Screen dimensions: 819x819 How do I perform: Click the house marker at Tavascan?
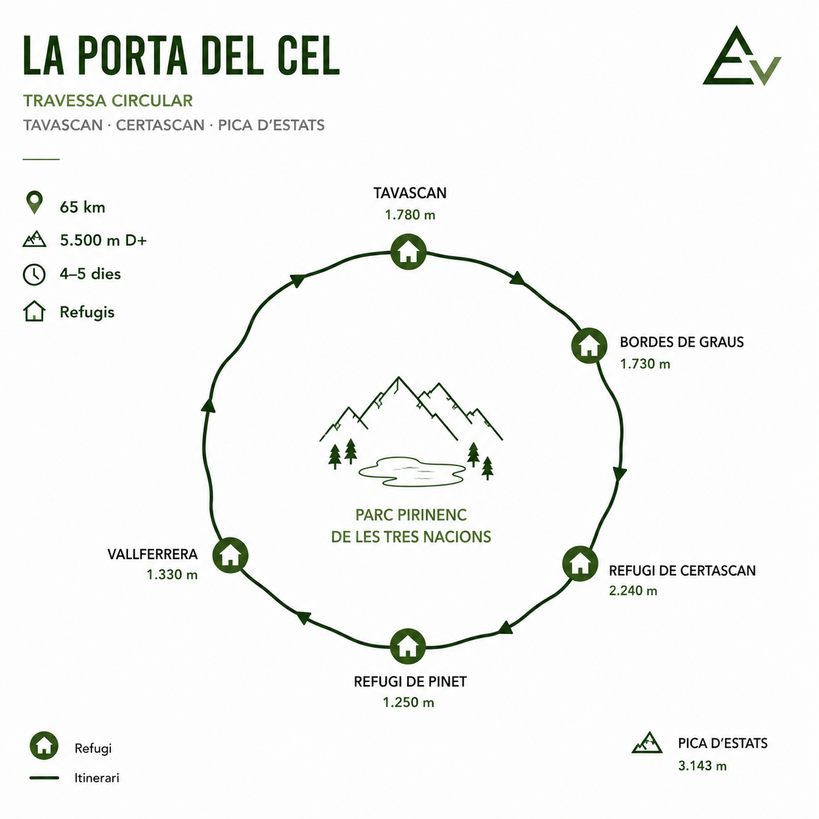(x=408, y=251)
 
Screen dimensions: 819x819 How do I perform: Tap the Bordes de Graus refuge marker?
(x=589, y=345)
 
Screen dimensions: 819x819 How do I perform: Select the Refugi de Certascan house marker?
(x=580, y=564)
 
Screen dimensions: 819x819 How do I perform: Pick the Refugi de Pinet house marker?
(x=408, y=646)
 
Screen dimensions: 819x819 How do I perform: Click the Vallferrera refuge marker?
(x=231, y=556)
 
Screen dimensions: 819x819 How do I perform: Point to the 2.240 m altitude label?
(x=633, y=591)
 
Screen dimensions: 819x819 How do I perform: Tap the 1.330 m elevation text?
(x=172, y=575)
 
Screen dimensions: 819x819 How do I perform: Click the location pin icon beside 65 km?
(x=35, y=202)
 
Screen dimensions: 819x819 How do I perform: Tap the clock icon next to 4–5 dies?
(x=34, y=274)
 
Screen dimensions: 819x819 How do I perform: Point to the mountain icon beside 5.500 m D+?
(x=34, y=239)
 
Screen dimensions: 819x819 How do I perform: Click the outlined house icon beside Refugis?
(x=34, y=311)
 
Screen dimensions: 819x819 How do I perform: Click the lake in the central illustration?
(x=412, y=472)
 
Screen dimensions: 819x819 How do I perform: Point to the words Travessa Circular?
(x=108, y=101)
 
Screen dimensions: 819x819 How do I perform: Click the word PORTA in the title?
(x=133, y=56)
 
